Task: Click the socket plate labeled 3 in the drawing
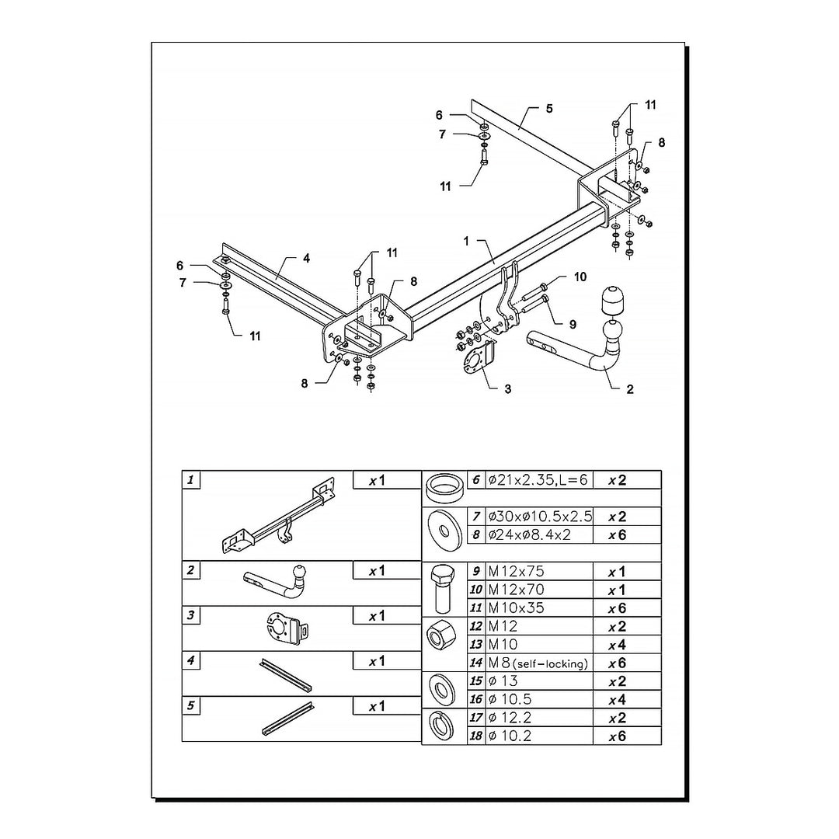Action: click(476, 360)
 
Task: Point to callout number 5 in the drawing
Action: click(549, 109)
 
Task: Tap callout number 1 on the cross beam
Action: click(466, 242)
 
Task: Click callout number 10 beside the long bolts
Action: click(580, 277)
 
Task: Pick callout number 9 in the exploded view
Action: click(573, 324)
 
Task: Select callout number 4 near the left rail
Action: click(306, 259)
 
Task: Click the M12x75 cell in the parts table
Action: click(516, 571)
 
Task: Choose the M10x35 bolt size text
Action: click(516, 607)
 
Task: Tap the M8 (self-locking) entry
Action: click(538, 663)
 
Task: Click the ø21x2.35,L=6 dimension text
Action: click(538, 480)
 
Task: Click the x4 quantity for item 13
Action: click(617, 645)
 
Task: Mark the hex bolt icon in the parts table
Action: click(442, 589)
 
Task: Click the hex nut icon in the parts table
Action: click(441, 635)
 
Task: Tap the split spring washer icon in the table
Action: click(441, 726)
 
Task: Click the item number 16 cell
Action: click(475, 699)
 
